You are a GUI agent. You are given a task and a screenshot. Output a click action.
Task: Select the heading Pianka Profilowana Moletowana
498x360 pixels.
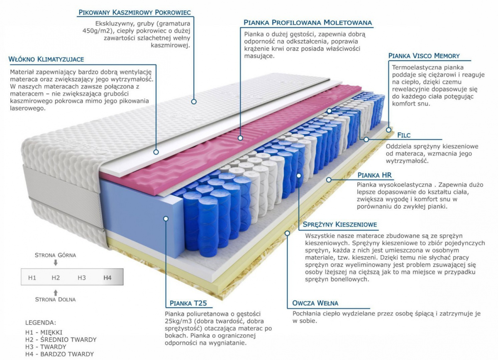pos(308,22)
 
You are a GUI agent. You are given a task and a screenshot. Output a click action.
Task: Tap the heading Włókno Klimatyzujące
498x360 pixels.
pos(46,59)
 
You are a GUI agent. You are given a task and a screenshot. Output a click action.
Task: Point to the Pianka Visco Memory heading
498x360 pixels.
pos(424,56)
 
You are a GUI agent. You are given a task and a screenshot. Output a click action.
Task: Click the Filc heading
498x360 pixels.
pos(403,135)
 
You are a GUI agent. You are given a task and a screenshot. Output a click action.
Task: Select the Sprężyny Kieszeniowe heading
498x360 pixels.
pos(340,225)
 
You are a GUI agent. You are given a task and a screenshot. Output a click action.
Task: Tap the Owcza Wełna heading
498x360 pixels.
pos(315,303)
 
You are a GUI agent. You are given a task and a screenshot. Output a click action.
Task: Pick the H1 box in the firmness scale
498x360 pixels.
pos(32,277)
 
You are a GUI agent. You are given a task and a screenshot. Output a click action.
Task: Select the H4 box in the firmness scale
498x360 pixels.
pos(107,277)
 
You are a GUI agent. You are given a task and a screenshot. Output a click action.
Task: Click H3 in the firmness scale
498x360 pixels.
pos(82,277)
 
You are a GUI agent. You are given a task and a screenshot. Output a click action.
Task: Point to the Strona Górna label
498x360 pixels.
pos(55,255)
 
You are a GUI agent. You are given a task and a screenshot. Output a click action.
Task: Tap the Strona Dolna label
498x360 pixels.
pos(55,299)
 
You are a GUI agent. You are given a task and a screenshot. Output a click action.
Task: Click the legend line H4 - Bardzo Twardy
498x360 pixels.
pos(59,354)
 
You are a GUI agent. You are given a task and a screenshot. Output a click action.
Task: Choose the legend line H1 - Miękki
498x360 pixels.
pos(44,332)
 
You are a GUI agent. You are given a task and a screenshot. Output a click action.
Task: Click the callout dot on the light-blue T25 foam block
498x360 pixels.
pos(166,218)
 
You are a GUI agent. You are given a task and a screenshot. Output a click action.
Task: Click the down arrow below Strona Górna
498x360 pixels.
pos(56,262)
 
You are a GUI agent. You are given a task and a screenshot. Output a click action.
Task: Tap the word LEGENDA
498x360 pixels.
pos(40,322)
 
